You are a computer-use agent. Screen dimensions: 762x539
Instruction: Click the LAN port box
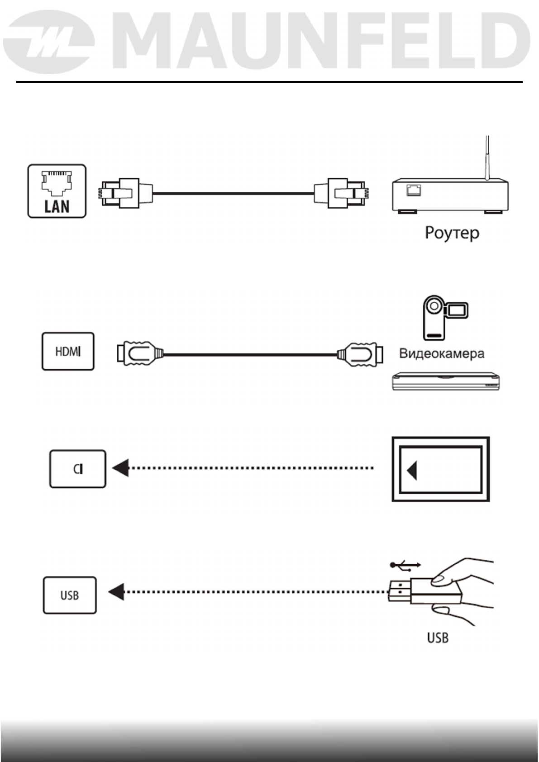click(x=57, y=191)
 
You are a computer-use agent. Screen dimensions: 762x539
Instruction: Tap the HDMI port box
click(x=68, y=351)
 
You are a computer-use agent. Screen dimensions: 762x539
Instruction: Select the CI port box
click(x=77, y=469)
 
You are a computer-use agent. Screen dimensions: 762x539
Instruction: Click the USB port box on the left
click(x=70, y=595)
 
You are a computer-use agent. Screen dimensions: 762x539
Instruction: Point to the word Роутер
click(x=452, y=233)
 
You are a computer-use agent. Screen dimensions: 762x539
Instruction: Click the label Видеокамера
click(x=441, y=353)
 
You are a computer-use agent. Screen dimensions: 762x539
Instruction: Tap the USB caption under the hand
click(x=438, y=638)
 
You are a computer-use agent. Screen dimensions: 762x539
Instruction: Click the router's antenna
click(x=487, y=156)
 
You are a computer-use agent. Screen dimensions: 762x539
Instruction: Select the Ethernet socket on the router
click(x=414, y=190)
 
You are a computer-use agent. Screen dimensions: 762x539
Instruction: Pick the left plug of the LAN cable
click(x=124, y=193)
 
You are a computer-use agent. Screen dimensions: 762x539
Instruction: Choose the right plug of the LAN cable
click(x=341, y=193)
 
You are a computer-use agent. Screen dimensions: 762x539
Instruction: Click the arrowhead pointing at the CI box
click(x=121, y=468)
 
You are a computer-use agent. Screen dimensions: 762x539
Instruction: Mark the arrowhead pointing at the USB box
click(x=117, y=591)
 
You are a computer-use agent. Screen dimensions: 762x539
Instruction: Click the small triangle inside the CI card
click(x=412, y=470)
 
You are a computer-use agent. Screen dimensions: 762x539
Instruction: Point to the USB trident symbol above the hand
click(x=405, y=565)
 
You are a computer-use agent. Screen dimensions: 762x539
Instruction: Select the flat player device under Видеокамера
click(x=446, y=381)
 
